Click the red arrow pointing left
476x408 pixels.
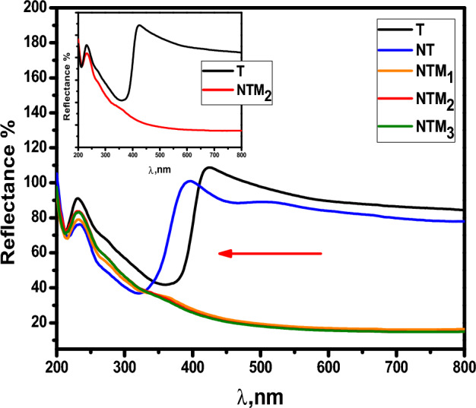(x=270, y=254)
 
